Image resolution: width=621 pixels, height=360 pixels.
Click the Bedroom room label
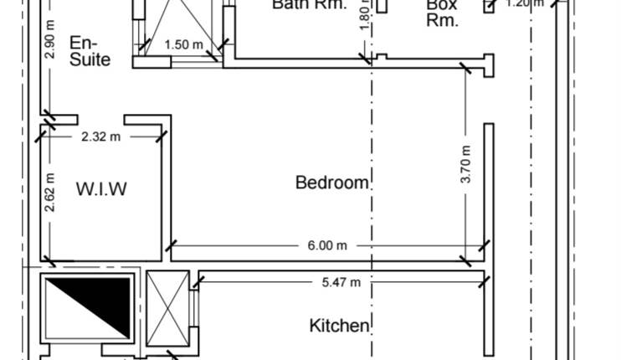332,183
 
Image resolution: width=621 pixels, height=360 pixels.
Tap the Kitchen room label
340,326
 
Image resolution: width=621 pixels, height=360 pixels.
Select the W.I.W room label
102,189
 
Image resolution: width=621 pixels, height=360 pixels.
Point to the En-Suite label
90,51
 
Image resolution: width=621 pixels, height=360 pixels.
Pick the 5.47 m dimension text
341,283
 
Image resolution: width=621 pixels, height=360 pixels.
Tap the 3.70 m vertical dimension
466,165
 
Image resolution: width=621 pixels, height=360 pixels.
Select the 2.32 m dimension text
100,136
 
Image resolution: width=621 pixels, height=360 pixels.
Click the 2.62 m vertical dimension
50,193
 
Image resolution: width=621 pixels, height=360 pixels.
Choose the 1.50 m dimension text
183,44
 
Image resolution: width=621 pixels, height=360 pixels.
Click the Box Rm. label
442,13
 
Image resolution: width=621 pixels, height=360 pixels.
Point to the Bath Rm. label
309,4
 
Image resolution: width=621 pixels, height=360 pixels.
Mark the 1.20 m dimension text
524,3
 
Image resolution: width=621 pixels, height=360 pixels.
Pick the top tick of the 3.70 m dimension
466,69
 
